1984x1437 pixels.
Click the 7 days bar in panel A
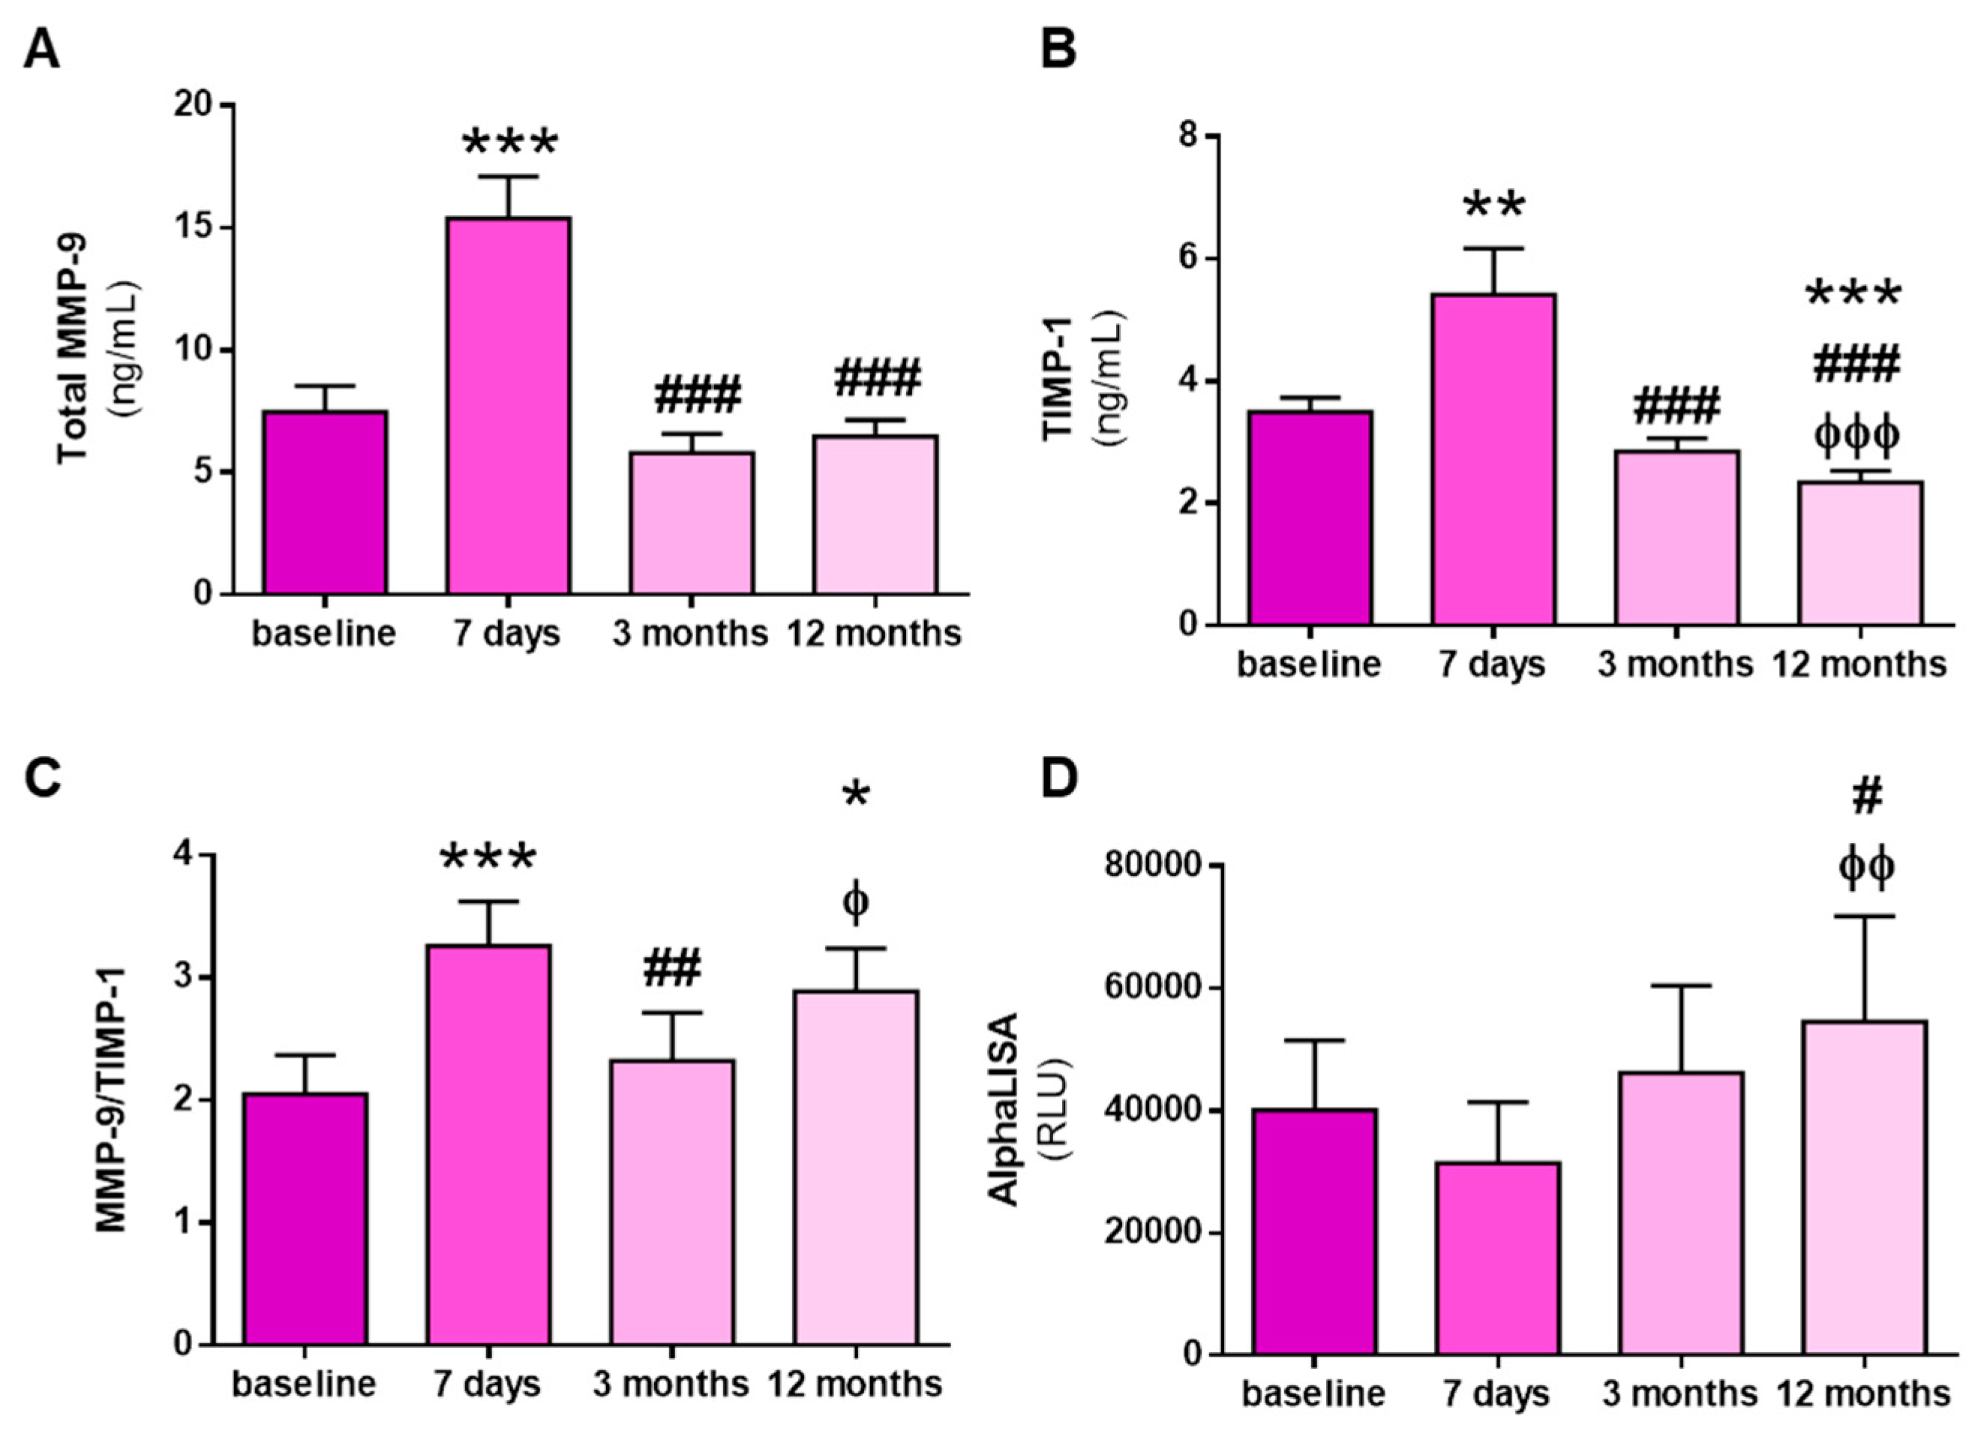(509, 406)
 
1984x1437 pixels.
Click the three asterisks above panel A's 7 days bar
(510, 142)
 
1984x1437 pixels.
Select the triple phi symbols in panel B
(1856, 435)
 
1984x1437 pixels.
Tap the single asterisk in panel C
(856, 796)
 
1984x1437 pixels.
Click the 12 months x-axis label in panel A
(874, 633)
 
